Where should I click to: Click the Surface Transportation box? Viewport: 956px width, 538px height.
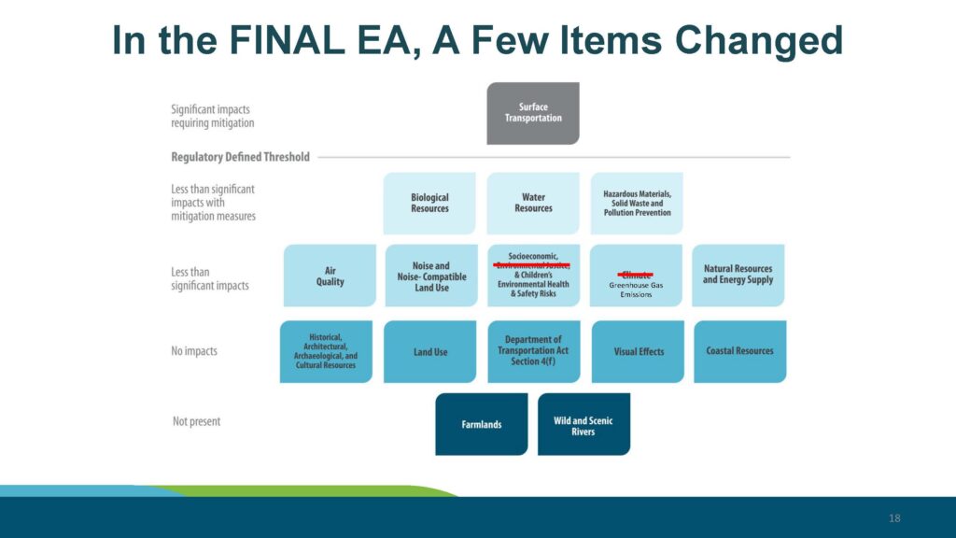click(533, 113)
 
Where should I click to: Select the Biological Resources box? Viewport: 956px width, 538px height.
click(429, 203)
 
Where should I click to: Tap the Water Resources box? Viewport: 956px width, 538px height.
click(533, 203)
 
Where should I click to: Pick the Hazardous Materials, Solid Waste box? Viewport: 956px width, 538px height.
click(637, 203)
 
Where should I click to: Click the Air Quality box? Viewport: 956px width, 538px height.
click(330, 276)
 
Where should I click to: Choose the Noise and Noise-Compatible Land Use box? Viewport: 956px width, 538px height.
click(430, 276)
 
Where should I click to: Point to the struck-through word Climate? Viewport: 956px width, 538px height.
click(636, 275)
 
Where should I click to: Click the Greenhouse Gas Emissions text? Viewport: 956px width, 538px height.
click(636, 290)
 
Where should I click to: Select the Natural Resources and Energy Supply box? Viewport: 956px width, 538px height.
click(738, 275)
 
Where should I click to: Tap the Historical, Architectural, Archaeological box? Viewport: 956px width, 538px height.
click(326, 351)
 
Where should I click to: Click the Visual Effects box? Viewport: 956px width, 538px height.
click(639, 351)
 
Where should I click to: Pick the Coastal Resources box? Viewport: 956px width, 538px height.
click(739, 351)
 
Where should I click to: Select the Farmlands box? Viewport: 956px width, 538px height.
click(482, 424)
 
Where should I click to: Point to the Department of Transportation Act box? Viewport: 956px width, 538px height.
click(533, 351)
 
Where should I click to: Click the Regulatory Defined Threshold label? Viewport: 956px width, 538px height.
click(240, 157)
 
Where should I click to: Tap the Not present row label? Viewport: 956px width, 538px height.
click(197, 421)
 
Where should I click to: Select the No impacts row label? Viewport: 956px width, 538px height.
click(195, 351)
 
